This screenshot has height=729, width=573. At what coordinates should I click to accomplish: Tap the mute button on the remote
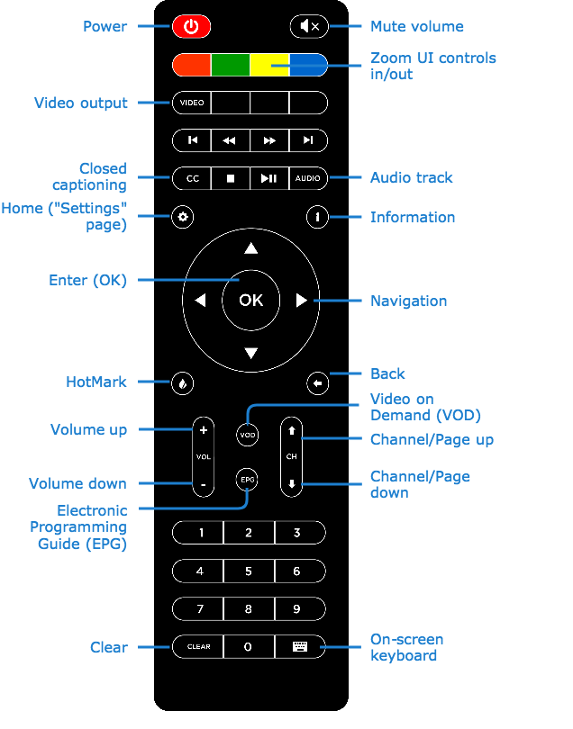click(x=309, y=27)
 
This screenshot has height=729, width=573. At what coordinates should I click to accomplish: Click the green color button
click(x=230, y=65)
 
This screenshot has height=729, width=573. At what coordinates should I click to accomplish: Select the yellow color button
click(x=269, y=65)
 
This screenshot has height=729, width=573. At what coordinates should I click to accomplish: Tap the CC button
click(x=192, y=178)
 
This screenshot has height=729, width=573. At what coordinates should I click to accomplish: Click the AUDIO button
click(x=307, y=178)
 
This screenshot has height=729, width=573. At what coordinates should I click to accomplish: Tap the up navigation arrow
click(x=250, y=248)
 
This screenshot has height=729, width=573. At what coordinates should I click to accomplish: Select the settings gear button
click(x=183, y=217)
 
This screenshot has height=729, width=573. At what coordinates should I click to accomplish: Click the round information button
click(x=317, y=217)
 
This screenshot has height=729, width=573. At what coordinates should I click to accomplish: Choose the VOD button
click(x=248, y=436)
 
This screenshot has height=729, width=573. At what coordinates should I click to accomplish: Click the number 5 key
click(x=249, y=571)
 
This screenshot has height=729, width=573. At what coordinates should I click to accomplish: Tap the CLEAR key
click(x=198, y=646)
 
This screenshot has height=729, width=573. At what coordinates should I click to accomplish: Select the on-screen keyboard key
click(x=299, y=646)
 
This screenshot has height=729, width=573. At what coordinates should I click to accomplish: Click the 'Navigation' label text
click(x=408, y=301)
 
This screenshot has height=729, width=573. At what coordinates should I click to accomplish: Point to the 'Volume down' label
click(x=77, y=483)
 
